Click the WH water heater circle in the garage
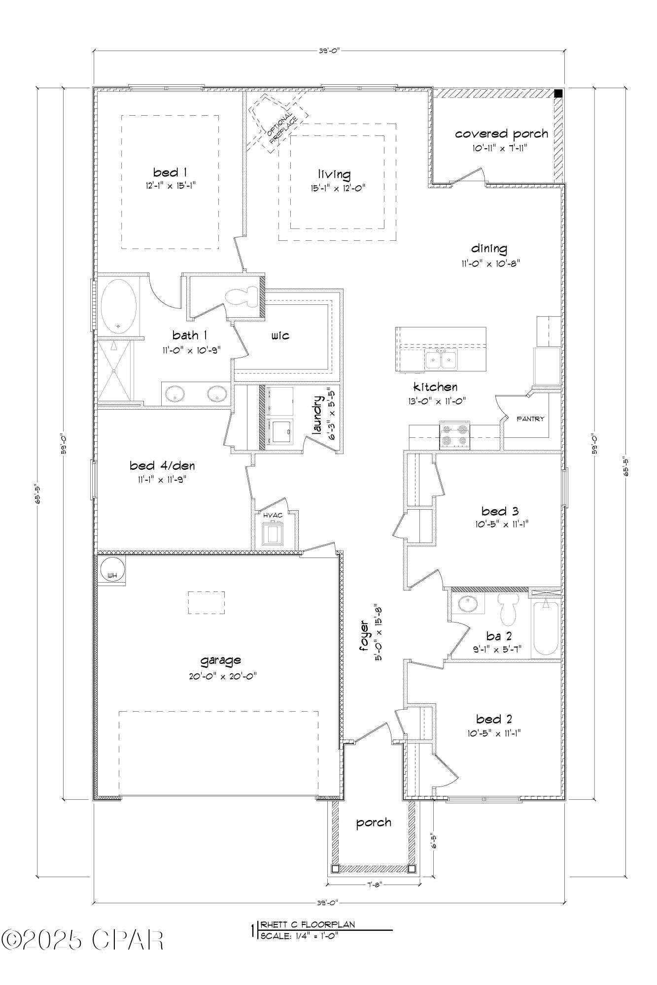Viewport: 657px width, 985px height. click(x=111, y=572)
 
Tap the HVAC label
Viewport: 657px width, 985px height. click(x=273, y=515)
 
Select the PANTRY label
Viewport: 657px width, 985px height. click(x=530, y=419)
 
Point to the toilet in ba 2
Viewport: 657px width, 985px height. click(x=507, y=609)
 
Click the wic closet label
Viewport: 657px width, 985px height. click(x=280, y=336)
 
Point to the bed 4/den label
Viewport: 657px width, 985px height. click(x=159, y=465)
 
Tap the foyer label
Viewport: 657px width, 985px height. click(x=364, y=637)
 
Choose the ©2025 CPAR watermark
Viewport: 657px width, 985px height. click(x=82, y=940)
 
